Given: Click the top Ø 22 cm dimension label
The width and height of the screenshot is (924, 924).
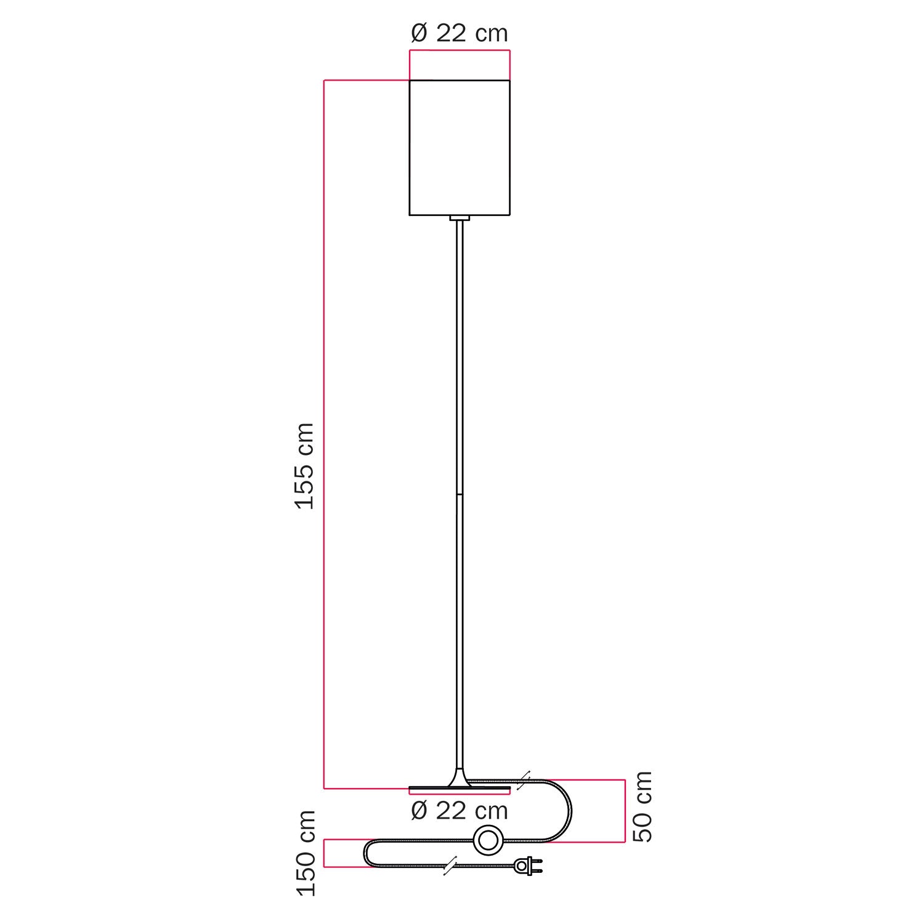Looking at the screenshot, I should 459,33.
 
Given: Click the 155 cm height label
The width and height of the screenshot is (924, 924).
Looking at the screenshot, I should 305,465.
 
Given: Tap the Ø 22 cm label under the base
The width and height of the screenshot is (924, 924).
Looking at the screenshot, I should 459,810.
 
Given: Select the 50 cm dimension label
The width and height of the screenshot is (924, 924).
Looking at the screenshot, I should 642,806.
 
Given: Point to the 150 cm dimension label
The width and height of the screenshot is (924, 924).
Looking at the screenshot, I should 306,853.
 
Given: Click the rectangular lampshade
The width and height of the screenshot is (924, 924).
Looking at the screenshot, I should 460,148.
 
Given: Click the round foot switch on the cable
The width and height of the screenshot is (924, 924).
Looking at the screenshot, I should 487,840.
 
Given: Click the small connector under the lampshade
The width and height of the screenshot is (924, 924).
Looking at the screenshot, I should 460,218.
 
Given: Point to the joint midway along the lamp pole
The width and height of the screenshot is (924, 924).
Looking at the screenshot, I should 460,494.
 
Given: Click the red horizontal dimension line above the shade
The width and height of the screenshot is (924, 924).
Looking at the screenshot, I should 460,50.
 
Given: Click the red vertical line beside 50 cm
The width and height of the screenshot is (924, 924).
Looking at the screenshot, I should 625,811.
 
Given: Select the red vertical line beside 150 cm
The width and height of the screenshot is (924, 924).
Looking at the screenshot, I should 325,853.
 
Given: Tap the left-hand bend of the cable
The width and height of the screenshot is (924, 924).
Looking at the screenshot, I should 366,853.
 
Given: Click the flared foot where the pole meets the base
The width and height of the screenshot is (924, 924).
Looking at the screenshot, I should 460,779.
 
